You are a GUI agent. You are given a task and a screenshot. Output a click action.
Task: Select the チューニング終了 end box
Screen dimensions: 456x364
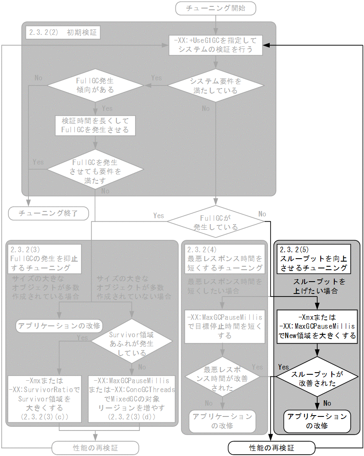48,213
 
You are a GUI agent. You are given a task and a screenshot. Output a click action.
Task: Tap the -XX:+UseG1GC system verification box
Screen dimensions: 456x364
215,45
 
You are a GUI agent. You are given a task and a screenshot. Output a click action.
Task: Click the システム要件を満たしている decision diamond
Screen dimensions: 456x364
215,85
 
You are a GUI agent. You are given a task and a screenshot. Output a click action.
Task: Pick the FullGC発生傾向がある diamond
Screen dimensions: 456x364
95,85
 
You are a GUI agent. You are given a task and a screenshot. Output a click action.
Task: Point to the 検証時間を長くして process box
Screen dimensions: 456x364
95,125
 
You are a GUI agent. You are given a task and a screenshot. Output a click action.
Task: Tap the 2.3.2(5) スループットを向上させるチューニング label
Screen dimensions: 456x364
313,258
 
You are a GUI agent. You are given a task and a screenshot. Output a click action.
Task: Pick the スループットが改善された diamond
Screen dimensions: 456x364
317,379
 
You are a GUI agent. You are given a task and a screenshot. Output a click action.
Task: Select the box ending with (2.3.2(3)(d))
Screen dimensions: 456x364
132,399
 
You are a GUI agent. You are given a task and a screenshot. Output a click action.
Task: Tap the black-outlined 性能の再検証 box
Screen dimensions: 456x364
271,447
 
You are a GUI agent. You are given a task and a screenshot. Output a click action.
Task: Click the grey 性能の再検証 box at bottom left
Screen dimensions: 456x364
95,447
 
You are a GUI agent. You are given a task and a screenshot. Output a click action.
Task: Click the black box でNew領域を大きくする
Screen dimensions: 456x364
317,327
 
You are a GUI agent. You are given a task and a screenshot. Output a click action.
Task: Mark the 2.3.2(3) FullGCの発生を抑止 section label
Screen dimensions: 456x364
44,258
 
